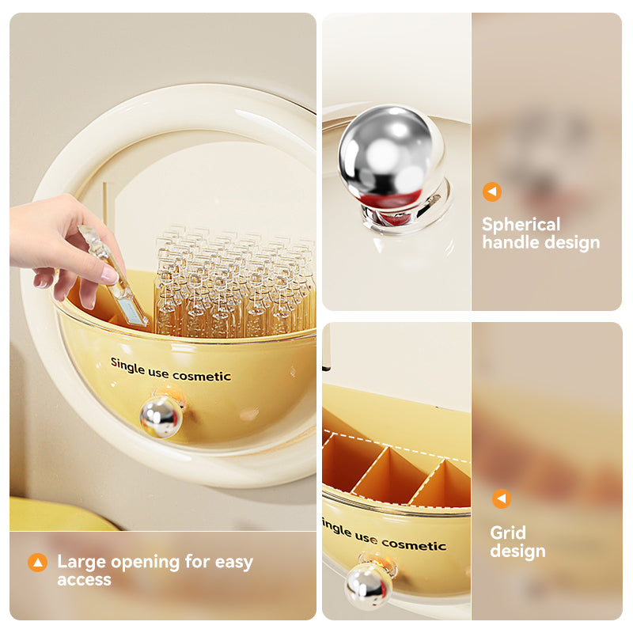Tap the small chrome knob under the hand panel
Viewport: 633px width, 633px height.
tap(161, 417)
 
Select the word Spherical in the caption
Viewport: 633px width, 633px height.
tap(521, 225)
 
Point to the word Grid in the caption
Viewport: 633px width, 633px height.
tap(508, 533)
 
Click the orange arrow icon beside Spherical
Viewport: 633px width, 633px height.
tap(492, 191)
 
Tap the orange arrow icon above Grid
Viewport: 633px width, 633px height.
tap(502, 499)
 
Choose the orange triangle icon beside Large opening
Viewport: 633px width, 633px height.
tap(37, 562)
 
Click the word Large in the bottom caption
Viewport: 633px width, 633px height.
tap(82, 563)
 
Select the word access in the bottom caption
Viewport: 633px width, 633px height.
tap(84, 580)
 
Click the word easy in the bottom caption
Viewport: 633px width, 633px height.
tap(234, 563)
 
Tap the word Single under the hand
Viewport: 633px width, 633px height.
tap(127, 366)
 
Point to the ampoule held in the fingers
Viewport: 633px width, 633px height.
tap(114, 276)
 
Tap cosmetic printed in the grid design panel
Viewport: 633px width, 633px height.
tap(414, 545)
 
